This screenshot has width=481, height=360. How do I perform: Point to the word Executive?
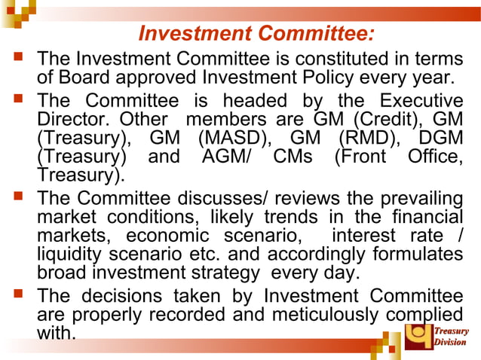coord(421,101)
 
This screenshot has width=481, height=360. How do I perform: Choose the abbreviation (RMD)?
coord(367,139)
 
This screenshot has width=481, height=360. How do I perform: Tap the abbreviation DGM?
coord(439,139)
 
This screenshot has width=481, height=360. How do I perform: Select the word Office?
coord(436,158)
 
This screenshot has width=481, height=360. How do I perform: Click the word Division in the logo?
coord(450,343)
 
